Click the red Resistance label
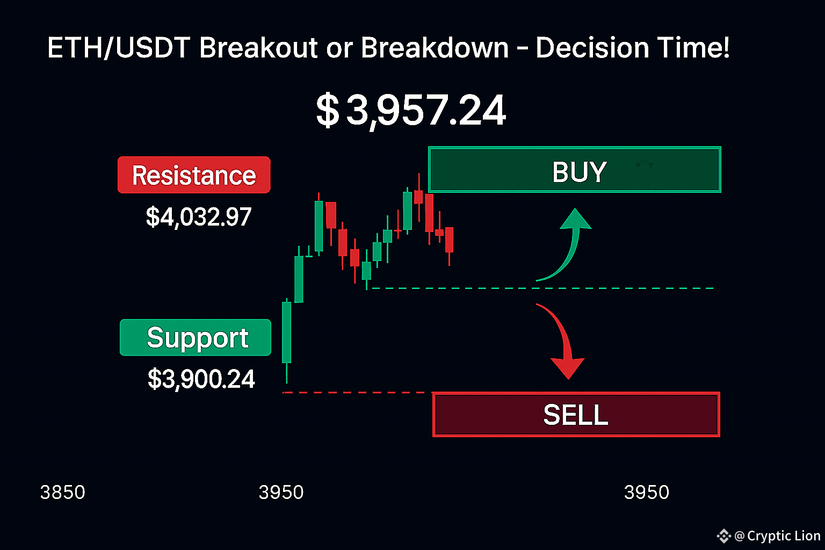pyautogui.click(x=194, y=175)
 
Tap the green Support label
pyautogui.click(x=196, y=337)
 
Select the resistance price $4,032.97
pyautogui.click(x=199, y=217)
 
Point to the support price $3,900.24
pyautogui.click(x=201, y=379)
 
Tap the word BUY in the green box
pyautogui.click(x=579, y=172)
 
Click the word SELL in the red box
pyautogui.click(x=576, y=415)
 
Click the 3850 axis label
pyautogui.click(x=63, y=492)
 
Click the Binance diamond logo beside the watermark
pyautogui.click(x=723, y=536)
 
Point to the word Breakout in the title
pyautogui.click(x=258, y=47)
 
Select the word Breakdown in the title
pyautogui.click(x=435, y=47)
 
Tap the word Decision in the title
pyautogui.click(x=592, y=47)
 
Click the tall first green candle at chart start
pyautogui.click(x=286, y=332)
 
